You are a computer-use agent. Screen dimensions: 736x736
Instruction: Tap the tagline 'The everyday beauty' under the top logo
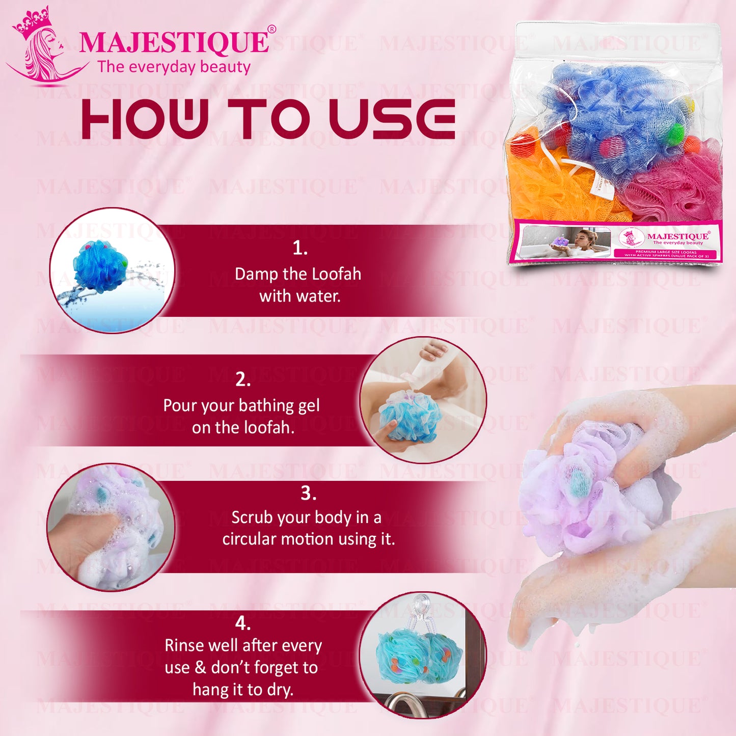pyautogui.click(x=174, y=67)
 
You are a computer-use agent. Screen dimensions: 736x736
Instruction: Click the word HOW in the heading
pyautogui.click(x=145, y=119)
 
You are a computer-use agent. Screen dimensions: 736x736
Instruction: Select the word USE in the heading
pyautogui.click(x=392, y=119)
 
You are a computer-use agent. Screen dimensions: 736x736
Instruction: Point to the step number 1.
pyautogui.click(x=300, y=248)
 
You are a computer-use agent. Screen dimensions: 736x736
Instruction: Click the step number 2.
pyautogui.click(x=243, y=379)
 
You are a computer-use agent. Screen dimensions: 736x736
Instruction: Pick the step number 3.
pyautogui.click(x=308, y=493)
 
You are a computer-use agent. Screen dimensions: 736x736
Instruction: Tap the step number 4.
pyautogui.click(x=243, y=623)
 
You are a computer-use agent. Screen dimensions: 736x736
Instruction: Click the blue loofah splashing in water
pyautogui.click(x=101, y=267)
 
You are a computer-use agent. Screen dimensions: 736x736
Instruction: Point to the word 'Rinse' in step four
pyautogui.click(x=187, y=645)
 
